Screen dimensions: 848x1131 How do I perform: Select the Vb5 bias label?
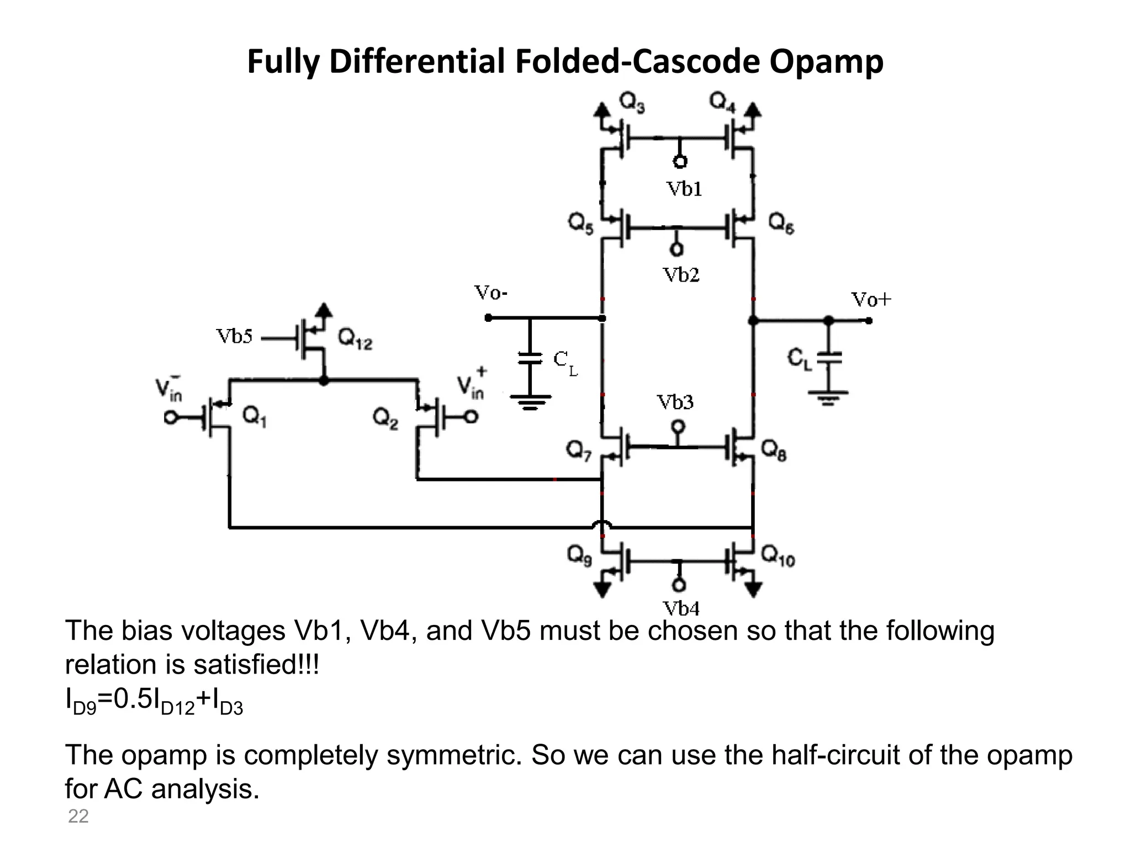click(234, 336)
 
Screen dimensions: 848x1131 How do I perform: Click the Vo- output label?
click(491, 293)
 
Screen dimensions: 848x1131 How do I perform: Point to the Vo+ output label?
click(871, 300)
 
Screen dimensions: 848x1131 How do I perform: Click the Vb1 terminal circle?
click(680, 162)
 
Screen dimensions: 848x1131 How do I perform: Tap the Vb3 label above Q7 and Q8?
click(675, 402)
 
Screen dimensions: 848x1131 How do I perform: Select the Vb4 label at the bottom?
click(681, 609)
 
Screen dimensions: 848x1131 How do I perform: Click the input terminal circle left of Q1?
click(171, 418)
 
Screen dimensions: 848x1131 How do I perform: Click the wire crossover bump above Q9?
click(603, 526)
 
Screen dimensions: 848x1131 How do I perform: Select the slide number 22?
click(78, 816)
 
